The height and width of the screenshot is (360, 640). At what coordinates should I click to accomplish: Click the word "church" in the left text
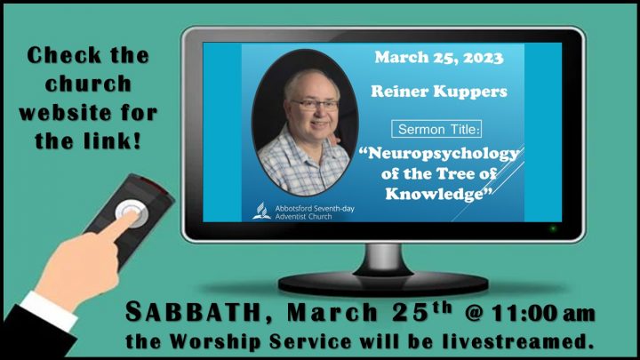point(88,84)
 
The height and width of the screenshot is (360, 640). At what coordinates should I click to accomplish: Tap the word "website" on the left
point(64,112)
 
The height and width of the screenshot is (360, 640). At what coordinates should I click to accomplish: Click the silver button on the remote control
point(132,212)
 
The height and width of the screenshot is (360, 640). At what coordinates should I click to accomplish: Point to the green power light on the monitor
point(553,228)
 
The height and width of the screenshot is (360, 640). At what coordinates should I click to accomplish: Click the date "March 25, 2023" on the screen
point(439,58)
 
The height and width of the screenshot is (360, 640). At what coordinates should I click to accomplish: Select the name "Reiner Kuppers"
point(439,92)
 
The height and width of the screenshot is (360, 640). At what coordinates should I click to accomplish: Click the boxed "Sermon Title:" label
point(436,129)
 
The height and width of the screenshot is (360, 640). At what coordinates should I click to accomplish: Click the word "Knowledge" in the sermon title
point(435,194)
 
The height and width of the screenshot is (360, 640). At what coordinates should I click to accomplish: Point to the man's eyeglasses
point(315,105)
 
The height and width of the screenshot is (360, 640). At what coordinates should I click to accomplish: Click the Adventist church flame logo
point(261,211)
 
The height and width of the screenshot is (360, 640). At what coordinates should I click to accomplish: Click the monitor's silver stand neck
point(382,259)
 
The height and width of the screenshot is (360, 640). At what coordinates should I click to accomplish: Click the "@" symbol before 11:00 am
point(475,314)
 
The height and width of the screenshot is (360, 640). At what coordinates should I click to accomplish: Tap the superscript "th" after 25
point(443,307)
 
